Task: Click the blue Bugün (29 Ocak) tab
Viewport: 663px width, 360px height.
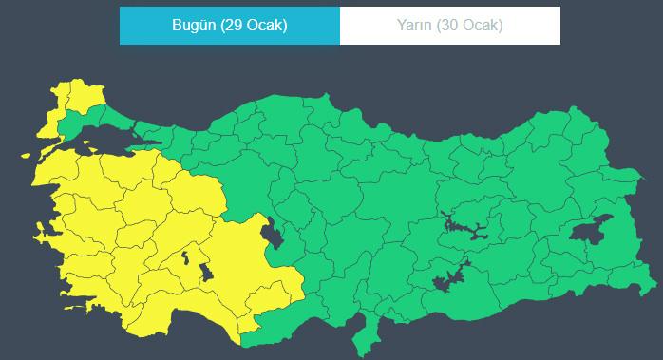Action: (x=229, y=26)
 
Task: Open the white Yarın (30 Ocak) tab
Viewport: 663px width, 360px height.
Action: (x=449, y=26)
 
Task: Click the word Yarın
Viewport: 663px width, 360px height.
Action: (x=415, y=26)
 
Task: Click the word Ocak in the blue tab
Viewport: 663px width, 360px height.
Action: (x=265, y=26)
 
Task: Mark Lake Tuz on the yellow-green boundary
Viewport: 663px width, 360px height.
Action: (x=274, y=232)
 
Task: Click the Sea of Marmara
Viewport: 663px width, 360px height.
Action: (x=109, y=142)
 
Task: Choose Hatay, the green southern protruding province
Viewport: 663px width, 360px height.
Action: (x=362, y=334)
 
